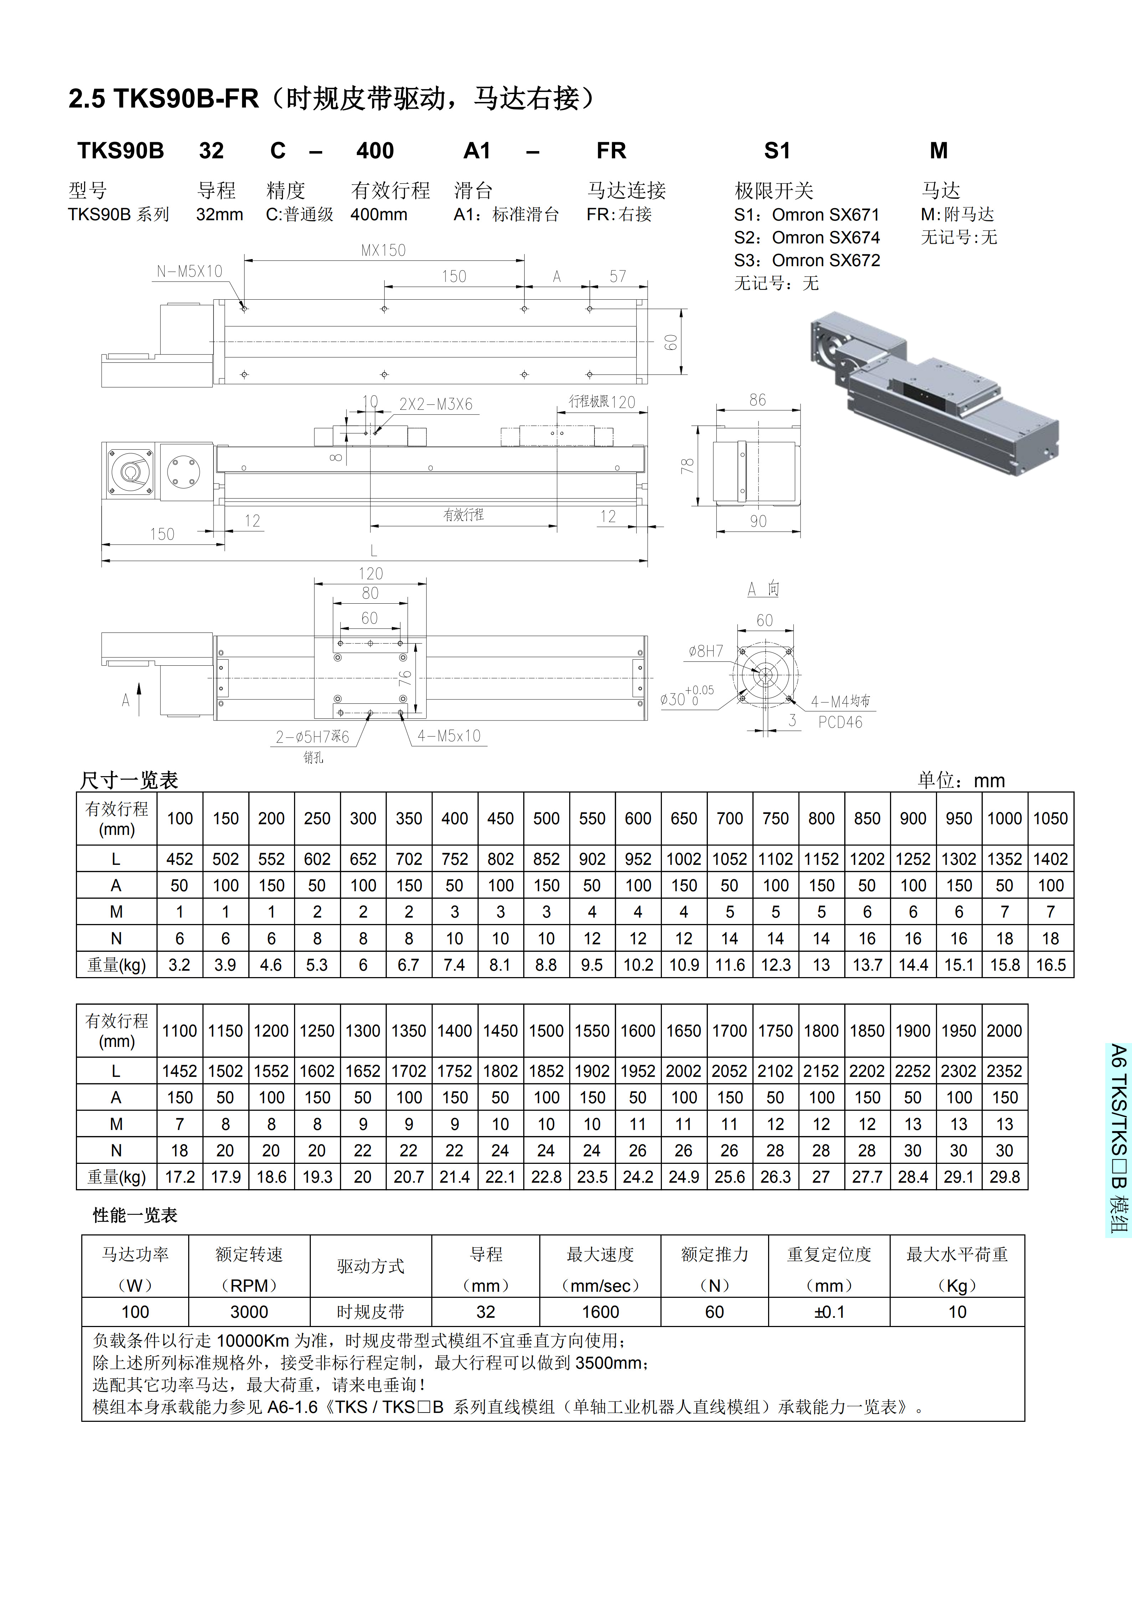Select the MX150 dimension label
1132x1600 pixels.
(x=384, y=250)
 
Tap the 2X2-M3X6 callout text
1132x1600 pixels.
(x=436, y=404)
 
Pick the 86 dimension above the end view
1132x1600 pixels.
(x=758, y=400)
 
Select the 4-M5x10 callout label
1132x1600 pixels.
(x=449, y=736)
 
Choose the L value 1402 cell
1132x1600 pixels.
(x=1050, y=859)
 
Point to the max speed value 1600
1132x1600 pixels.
(x=600, y=1312)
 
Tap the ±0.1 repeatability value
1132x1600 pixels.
(x=829, y=1312)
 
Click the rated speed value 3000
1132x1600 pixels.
(x=249, y=1312)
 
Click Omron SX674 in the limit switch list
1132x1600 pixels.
(x=825, y=238)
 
